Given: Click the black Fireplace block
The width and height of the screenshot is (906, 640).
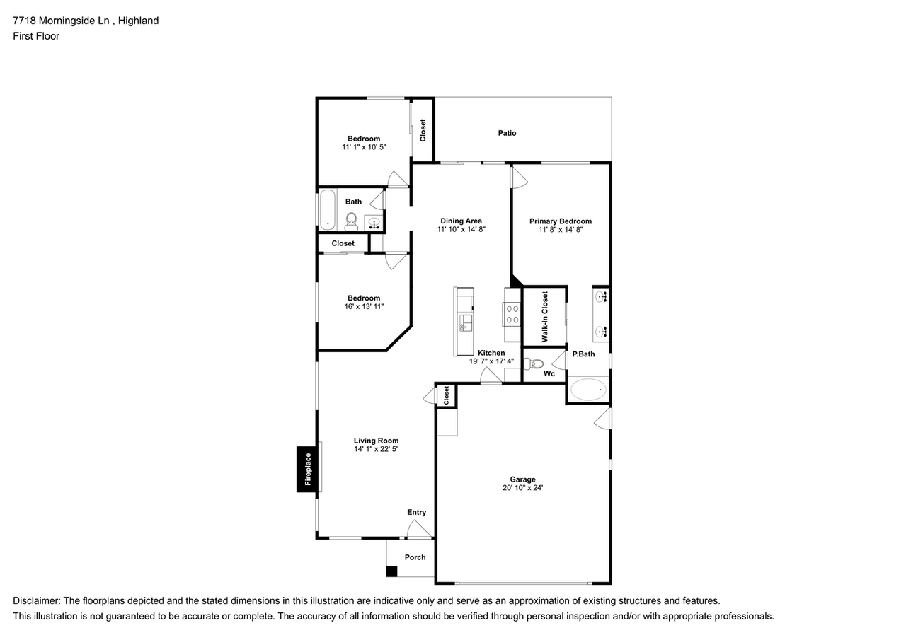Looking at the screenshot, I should pyautogui.click(x=307, y=469).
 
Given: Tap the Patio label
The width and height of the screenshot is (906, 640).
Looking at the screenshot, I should pyautogui.click(x=507, y=133).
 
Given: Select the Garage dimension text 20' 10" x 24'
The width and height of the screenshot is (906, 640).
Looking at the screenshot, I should pyautogui.click(x=523, y=487).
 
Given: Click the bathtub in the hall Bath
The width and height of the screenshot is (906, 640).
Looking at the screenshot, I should pyautogui.click(x=327, y=210).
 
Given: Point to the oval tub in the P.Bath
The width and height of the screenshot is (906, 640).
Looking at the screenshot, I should pyautogui.click(x=588, y=389).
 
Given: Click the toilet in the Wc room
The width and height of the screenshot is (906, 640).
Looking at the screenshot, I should pyautogui.click(x=533, y=364).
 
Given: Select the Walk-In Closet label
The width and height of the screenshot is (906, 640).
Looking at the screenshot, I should pyautogui.click(x=545, y=317).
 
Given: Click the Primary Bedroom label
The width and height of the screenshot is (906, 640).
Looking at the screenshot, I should pyautogui.click(x=560, y=221).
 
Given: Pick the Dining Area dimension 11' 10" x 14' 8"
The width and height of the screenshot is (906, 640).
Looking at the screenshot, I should pyautogui.click(x=461, y=229).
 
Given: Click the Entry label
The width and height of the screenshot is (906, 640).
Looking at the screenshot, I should pyautogui.click(x=416, y=512).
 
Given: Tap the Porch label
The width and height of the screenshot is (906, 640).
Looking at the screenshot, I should pyautogui.click(x=415, y=557).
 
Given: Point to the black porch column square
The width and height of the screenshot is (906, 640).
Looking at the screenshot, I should pyautogui.click(x=391, y=571).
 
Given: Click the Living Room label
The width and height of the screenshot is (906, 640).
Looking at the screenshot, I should pyautogui.click(x=376, y=441).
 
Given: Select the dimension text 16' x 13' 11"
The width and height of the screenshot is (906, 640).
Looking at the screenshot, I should pyautogui.click(x=364, y=306).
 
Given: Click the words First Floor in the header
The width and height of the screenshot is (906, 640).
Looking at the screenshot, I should pyautogui.click(x=36, y=35).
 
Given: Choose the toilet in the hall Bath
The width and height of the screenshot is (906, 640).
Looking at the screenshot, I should pyautogui.click(x=350, y=221).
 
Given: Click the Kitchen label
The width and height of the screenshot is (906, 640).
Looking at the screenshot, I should pyautogui.click(x=491, y=353).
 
